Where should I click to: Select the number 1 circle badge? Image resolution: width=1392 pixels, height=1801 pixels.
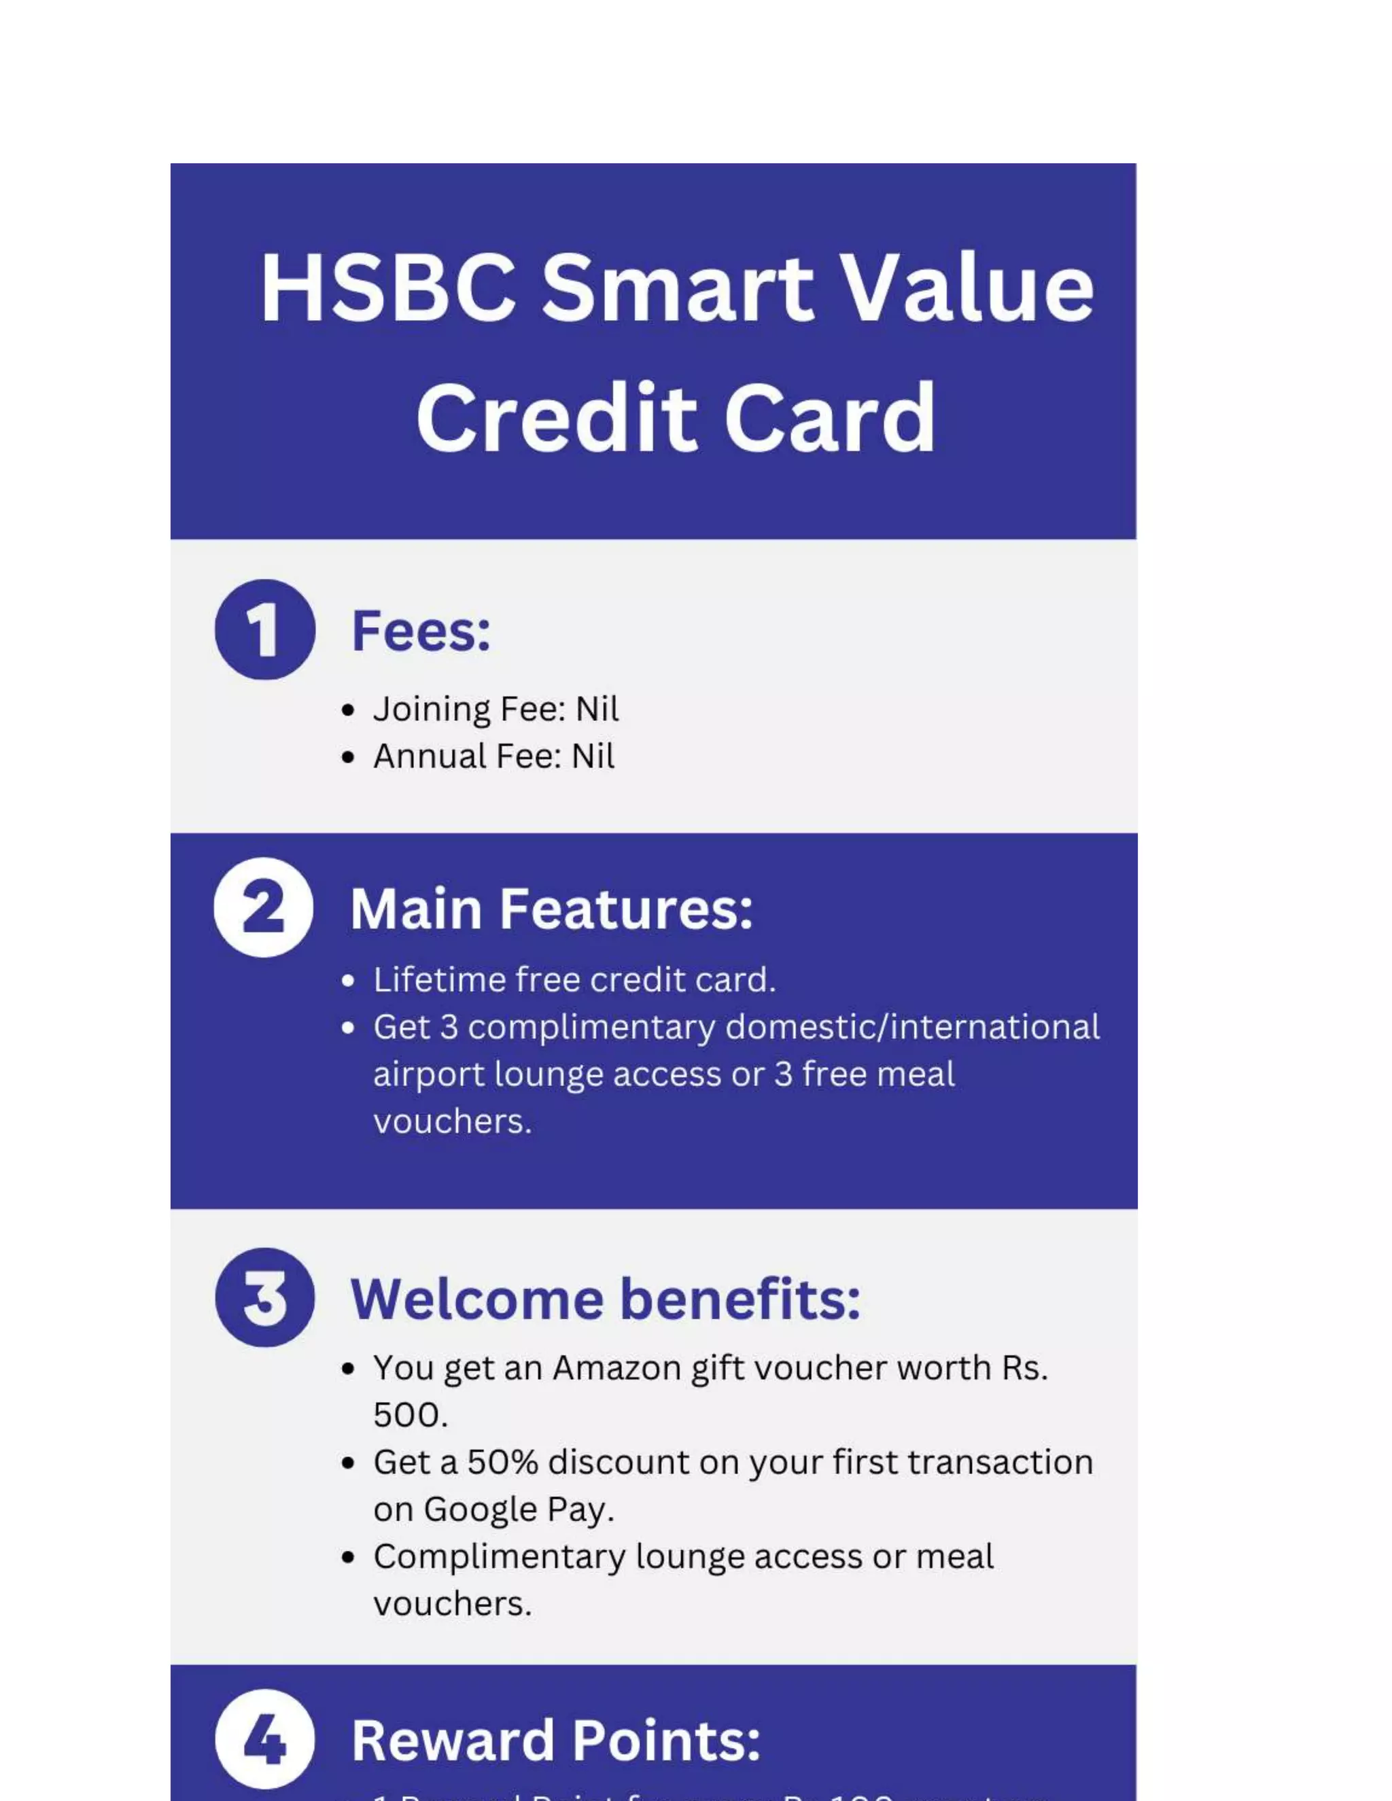(x=264, y=629)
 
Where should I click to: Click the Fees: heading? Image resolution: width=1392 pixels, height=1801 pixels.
(x=421, y=631)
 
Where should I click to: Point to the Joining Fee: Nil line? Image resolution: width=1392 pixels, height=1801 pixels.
(x=495, y=709)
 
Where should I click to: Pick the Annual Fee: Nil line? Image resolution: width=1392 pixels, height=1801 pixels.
(x=493, y=756)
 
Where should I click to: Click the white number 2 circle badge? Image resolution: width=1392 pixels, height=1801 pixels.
(x=264, y=907)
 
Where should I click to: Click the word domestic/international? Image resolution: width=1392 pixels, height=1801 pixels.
(x=912, y=1028)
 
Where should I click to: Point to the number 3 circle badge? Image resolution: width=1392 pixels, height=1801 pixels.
(x=264, y=1297)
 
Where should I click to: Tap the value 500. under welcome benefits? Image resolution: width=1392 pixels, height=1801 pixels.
(x=410, y=1415)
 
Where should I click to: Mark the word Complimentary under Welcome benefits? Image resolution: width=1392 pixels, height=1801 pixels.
(x=499, y=1557)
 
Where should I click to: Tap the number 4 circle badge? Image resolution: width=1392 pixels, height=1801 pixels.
(x=264, y=1740)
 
